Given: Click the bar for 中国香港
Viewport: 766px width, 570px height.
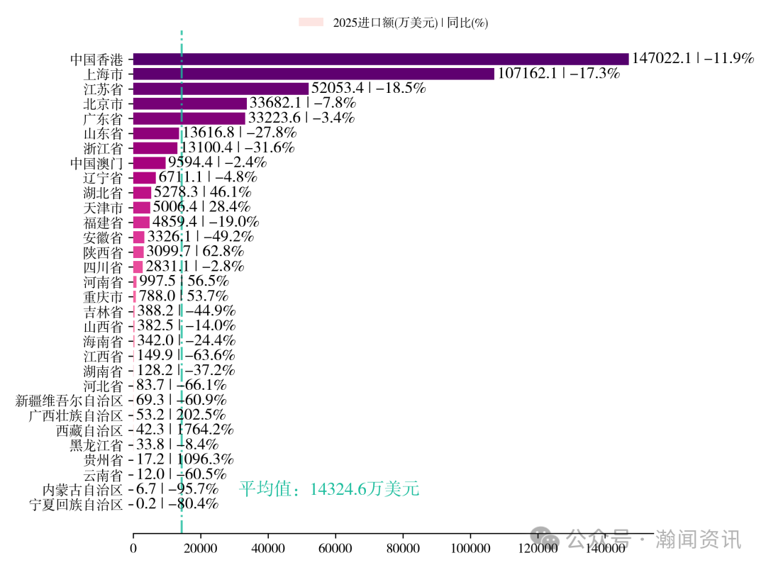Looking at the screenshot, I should (380, 59).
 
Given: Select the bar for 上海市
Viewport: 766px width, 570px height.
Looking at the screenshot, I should (313, 74).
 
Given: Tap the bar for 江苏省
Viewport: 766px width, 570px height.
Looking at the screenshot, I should (221, 89).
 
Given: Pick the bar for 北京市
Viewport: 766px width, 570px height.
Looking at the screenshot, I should (189, 104).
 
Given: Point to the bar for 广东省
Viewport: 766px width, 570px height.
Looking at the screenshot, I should (189, 118).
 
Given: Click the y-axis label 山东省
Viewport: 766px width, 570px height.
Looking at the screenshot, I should (104, 133).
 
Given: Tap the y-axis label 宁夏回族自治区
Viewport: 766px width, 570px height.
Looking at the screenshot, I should (76, 505).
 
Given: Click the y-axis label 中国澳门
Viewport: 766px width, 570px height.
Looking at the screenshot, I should (96, 163).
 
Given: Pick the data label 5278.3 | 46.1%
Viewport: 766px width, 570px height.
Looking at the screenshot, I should (203, 193).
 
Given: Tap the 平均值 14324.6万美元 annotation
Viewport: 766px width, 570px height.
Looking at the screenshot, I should (329, 489).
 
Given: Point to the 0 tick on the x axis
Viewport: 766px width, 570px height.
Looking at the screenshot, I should (133, 548).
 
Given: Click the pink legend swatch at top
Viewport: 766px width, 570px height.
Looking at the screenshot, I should (311, 23).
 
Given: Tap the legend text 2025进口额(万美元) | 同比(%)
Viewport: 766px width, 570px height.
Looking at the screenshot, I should (411, 23).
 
